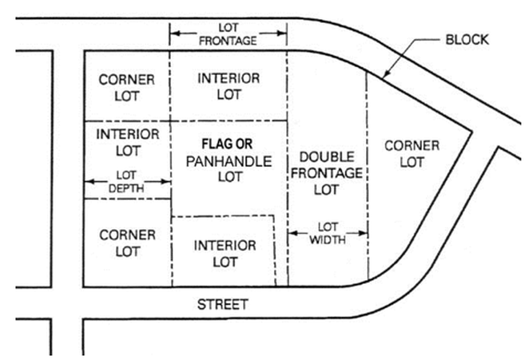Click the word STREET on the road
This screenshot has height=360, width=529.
click(x=222, y=305)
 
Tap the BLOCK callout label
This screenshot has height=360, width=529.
click(x=467, y=40)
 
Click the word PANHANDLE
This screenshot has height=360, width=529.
click(x=229, y=161)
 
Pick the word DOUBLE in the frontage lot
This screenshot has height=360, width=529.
click(x=327, y=157)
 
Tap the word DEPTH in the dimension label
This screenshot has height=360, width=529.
click(x=127, y=189)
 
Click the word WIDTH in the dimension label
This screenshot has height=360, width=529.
click(x=328, y=240)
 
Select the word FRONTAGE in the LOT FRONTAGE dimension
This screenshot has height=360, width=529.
click(x=228, y=41)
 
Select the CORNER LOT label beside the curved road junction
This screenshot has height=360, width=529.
click(x=412, y=154)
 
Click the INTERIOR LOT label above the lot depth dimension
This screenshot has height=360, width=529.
click(x=127, y=142)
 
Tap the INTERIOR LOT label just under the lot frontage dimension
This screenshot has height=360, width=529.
click(x=228, y=86)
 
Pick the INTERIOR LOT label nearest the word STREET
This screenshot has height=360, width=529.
click(x=225, y=254)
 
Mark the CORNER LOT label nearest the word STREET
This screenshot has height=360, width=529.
click(x=127, y=243)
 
